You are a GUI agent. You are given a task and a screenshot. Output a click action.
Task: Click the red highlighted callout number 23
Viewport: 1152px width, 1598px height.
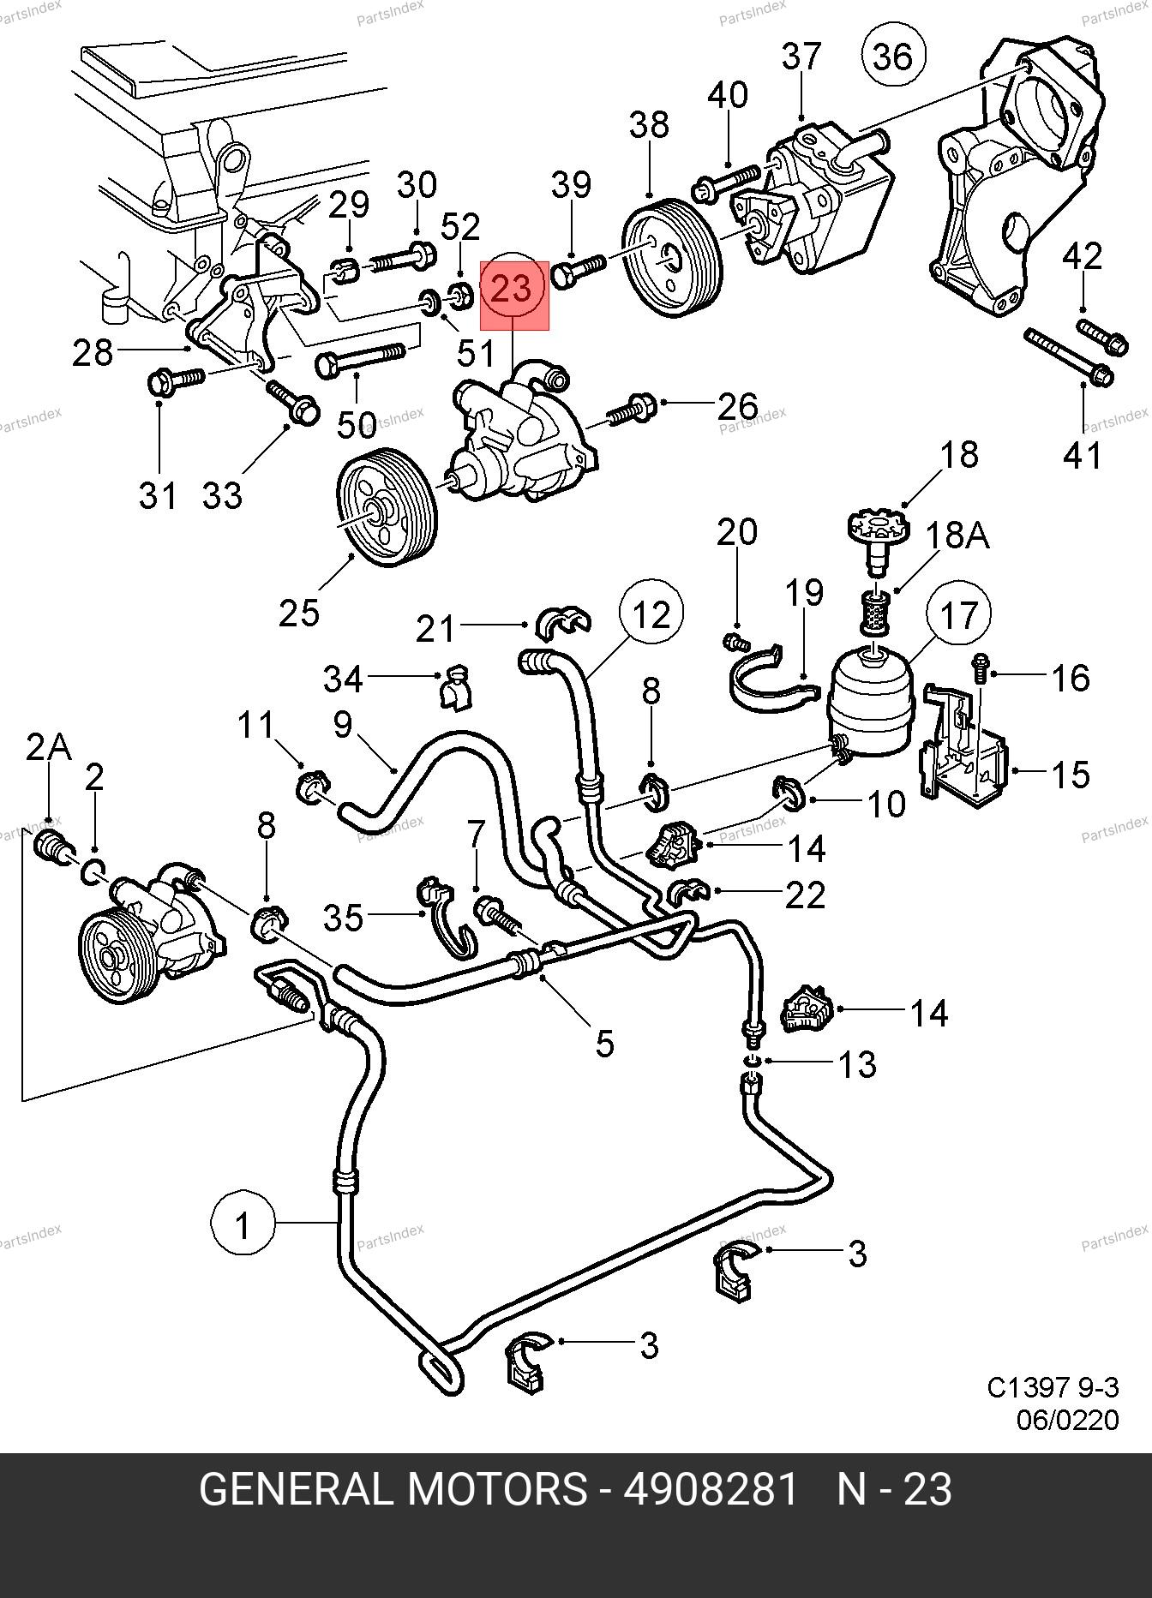513,290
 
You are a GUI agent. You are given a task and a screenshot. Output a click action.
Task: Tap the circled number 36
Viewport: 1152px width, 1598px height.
894,57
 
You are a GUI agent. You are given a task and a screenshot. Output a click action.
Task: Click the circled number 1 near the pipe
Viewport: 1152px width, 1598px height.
243,1224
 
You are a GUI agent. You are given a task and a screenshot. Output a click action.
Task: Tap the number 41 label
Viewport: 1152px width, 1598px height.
1083,455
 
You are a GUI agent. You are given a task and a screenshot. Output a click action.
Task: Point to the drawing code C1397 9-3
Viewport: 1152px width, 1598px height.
1053,1386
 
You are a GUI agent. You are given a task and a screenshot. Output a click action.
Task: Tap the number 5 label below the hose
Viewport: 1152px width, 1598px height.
604,1043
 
